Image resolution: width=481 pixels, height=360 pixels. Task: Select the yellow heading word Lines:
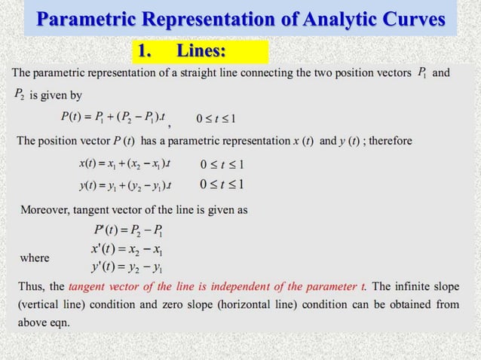201,51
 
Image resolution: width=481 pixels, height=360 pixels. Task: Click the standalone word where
35,258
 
